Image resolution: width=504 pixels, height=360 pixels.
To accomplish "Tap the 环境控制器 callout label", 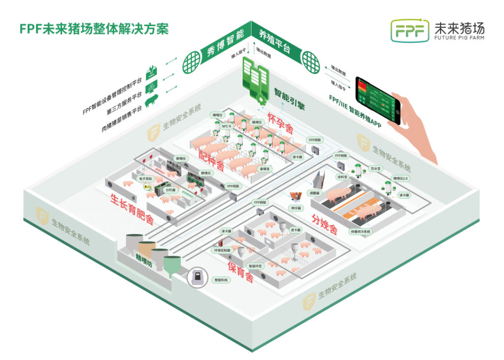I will tap(220, 250).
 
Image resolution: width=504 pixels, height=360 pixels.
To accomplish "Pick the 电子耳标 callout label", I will tap(146, 180).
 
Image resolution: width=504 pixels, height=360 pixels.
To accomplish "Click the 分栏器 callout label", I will tap(170, 189).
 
